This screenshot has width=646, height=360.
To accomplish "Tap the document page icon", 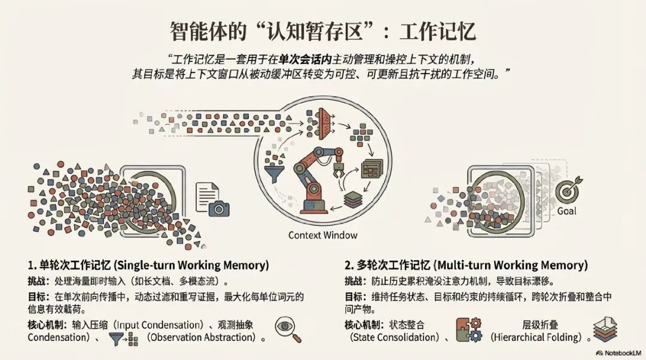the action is point(206,194).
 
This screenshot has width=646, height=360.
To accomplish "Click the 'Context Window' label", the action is point(323,235).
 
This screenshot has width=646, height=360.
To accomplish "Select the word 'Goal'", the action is point(566,211).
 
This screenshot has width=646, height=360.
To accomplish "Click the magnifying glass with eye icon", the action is point(288,330).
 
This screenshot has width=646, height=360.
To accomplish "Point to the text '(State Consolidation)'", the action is point(394,337).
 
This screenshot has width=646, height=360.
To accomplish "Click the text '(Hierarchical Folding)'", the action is point(536,337).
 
